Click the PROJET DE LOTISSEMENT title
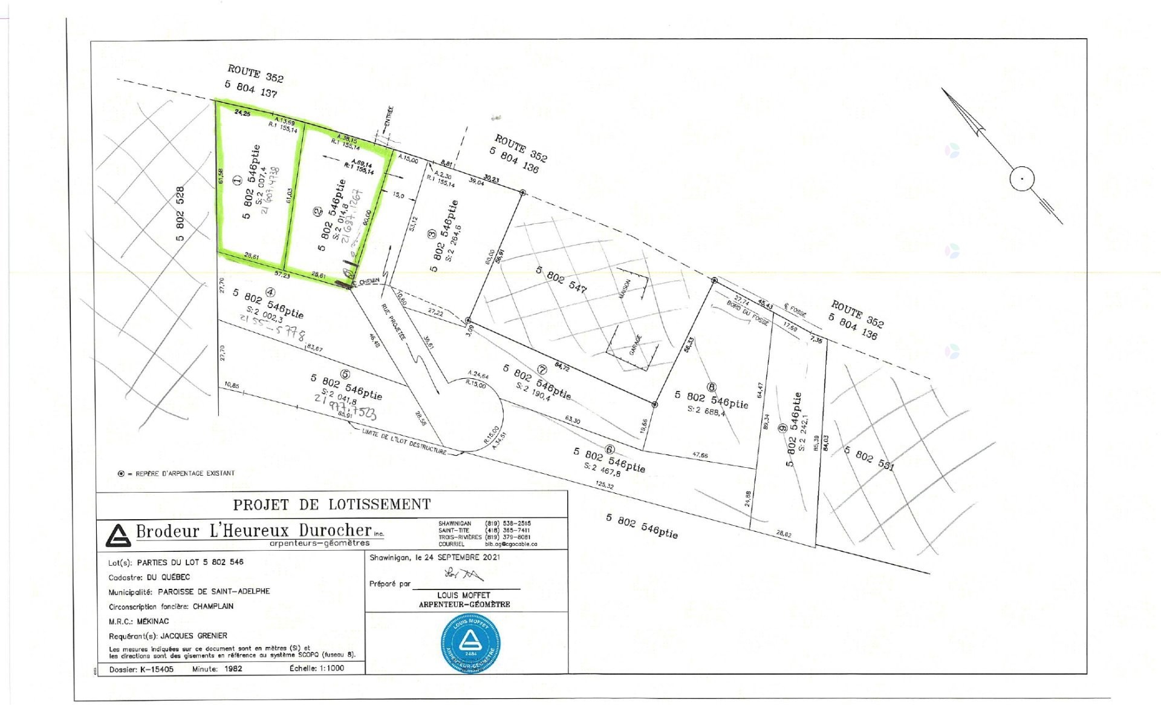[x=332, y=504]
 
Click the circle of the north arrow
[x=1021, y=179]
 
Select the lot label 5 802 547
[x=561, y=279]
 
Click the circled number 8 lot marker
[x=712, y=387]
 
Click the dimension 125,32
[x=605, y=486]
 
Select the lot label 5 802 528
[x=180, y=214]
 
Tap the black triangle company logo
[x=118, y=535]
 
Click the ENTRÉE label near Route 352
[x=389, y=116]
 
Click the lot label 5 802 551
[x=869, y=458]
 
